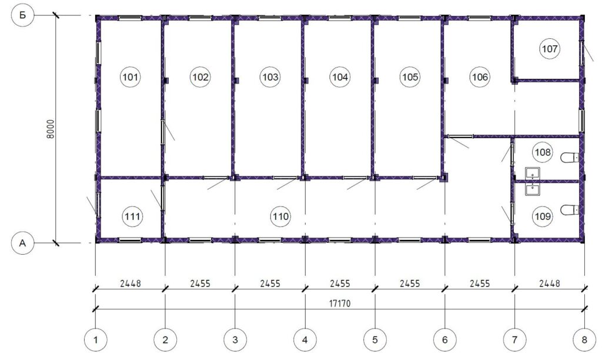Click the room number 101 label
(x=130, y=77)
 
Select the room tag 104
(x=340, y=77)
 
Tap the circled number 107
(x=550, y=49)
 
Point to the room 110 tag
(x=280, y=216)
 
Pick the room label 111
(x=132, y=216)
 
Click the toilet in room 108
(x=570, y=157)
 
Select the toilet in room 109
(x=570, y=210)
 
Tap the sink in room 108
(x=533, y=174)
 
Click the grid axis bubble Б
(x=23, y=15)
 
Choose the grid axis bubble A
(x=23, y=243)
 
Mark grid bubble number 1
(x=95, y=339)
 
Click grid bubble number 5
(x=374, y=339)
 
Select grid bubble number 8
(x=584, y=339)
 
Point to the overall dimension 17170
(x=340, y=304)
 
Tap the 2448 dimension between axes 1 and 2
(x=130, y=284)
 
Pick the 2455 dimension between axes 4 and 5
(x=340, y=284)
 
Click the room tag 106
(x=480, y=77)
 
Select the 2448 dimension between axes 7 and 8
(x=550, y=284)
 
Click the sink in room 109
(x=533, y=189)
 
